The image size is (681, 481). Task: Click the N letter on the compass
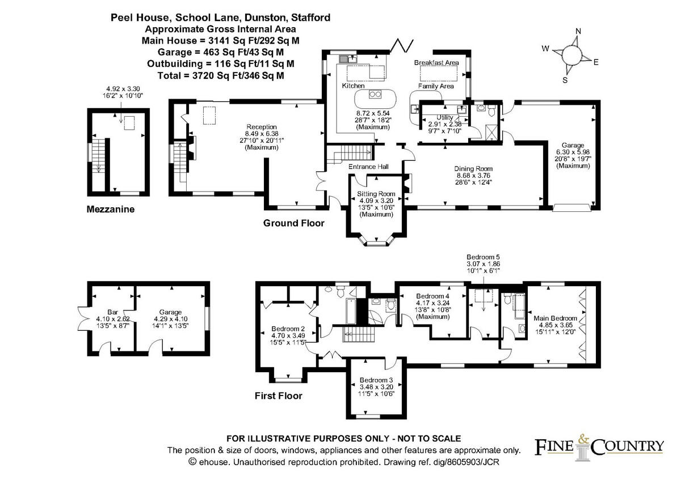click(x=578, y=31)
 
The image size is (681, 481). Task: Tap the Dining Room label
click(x=473, y=169)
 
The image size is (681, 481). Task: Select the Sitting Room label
click(x=376, y=194)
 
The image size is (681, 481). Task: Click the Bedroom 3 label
click(x=376, y=380)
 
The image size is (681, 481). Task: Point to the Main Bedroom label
click(x=556, y=318)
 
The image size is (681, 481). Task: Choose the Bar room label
click(x=112, y=312)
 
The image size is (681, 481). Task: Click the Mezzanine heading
click(x=110, y=209)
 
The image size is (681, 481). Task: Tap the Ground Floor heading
click(x=294, y=223)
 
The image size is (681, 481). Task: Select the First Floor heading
click(x=279, y=395)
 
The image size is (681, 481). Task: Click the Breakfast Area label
click(x=436, y=62)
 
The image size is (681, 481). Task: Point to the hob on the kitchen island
click(x=375, y=95)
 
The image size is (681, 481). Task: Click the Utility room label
click(x=445, y=117)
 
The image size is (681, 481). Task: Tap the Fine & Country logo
click(x=599, y=446)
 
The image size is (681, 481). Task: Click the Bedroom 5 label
click(x=483, y=257)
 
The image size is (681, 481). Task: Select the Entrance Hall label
click(x=368, y=167)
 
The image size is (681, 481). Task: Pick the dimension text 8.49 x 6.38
click(x=262, y=134)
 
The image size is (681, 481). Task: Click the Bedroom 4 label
click(x=432, y=296)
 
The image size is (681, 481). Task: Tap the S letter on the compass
click(x=565, y=80)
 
